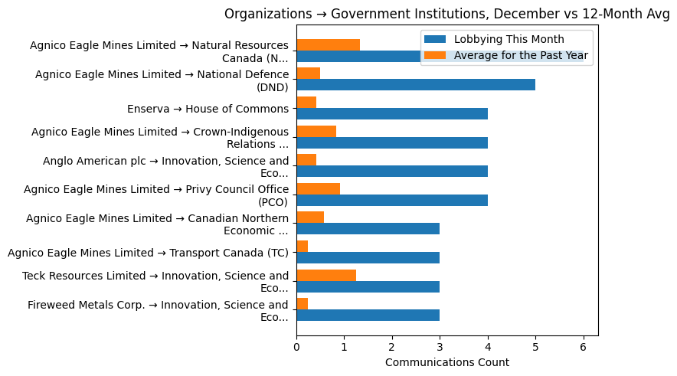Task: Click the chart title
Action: [x=446, y=14]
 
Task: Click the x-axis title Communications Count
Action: [x=446, y=361]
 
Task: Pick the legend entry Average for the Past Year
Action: [x=521, y=55]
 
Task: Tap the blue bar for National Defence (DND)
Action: [x=415, y=85]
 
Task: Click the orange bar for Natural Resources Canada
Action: [x=328, y=44]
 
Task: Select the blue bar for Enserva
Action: [x=391, y=114]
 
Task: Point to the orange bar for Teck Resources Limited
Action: [x=326, y=275]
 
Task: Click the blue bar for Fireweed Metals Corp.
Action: [x=368, y=315]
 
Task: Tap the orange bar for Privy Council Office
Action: [x=318, y=188]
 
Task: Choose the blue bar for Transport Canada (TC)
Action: [x=368, y=257]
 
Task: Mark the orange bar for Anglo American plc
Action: [x=306, y=160]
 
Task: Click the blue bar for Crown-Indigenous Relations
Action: [x=391, y=142]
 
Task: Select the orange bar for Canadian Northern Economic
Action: [x=310, y=217]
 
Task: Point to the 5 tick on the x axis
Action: [x=535, y=336]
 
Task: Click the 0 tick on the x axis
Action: [x=296, y=336]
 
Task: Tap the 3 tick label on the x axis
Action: [x=440, y=347]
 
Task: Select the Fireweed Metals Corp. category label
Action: [x=159, y=311]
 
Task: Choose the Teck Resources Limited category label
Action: [x=155, y=282]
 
